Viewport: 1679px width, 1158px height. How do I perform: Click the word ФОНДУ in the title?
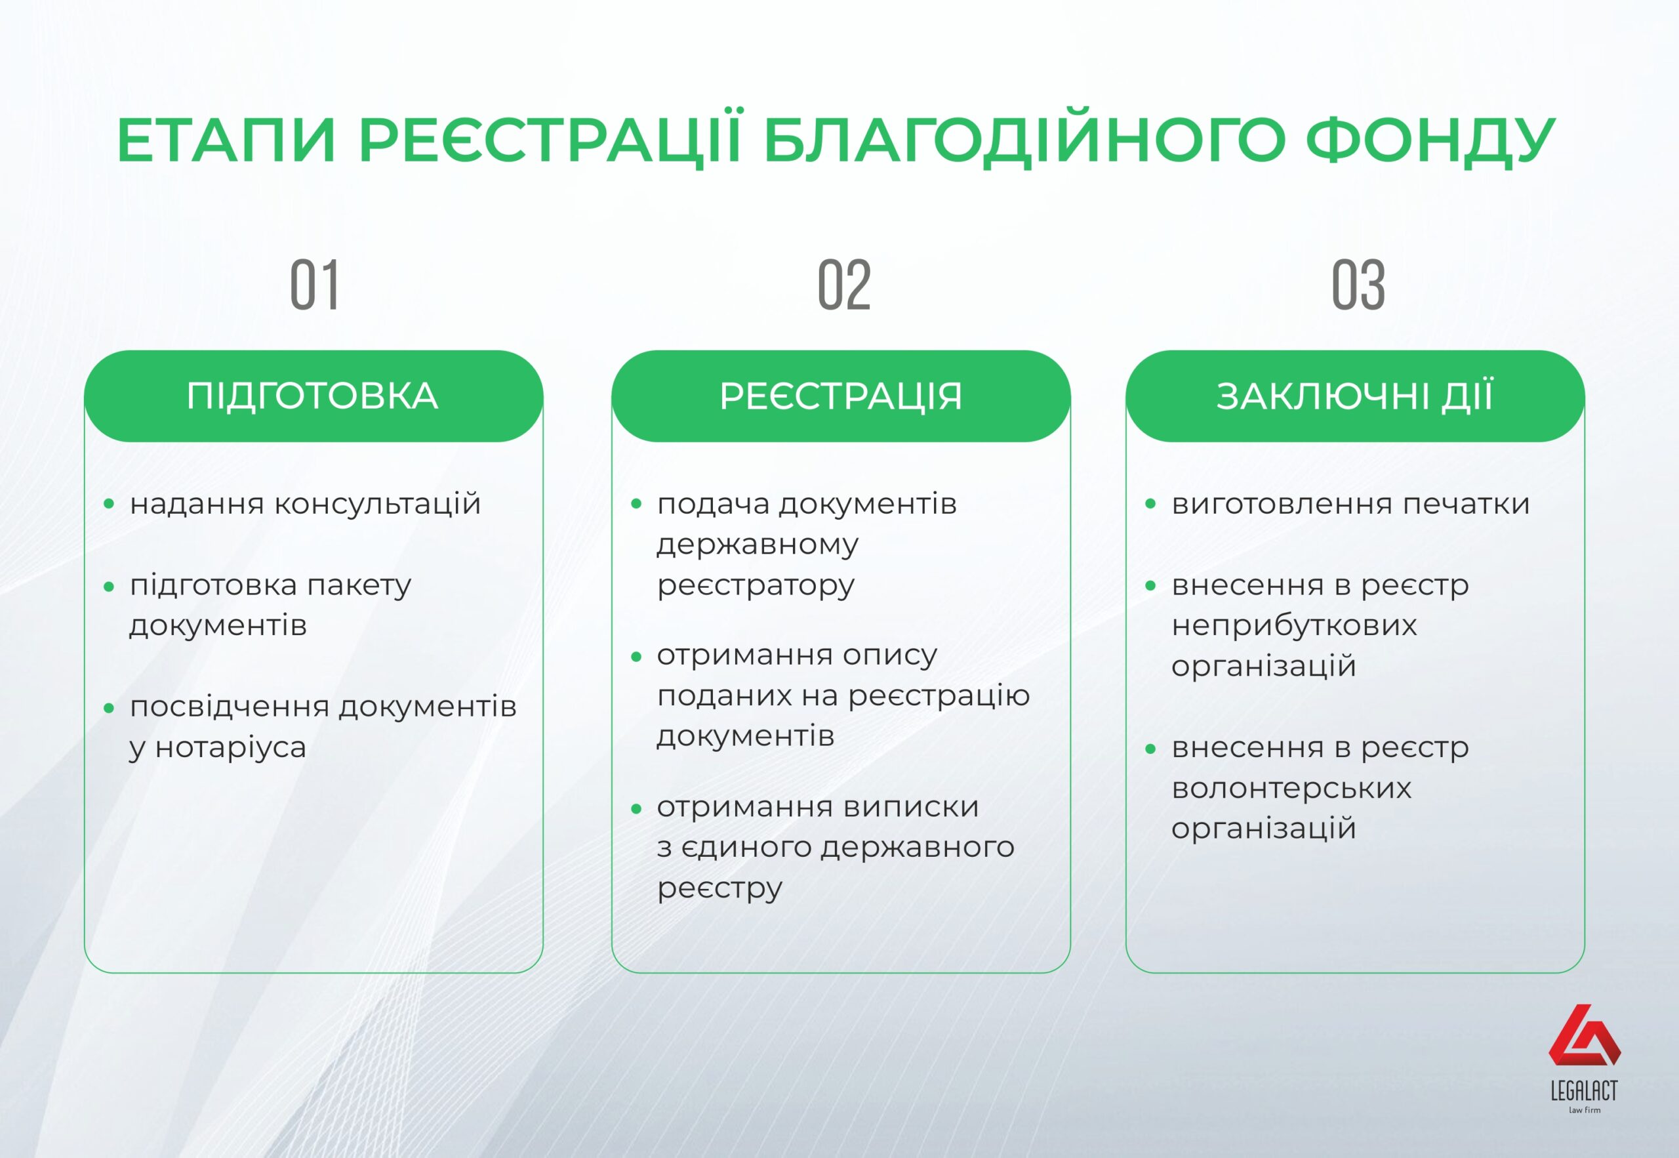1431,140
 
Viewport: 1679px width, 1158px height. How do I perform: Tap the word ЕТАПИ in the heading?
226,139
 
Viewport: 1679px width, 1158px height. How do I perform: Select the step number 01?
314,285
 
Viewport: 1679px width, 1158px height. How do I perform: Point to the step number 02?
843,285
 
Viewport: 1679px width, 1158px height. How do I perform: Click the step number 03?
1358,285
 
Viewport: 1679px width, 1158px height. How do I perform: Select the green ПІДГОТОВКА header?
314,396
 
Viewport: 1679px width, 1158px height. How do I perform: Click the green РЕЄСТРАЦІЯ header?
841,396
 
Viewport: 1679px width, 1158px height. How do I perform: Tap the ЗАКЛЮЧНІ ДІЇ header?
1355,396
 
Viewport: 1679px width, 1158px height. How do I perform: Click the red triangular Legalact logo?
1584,1035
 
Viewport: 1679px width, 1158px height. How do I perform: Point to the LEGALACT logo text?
1584,1090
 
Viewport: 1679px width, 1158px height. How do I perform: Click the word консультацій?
378,503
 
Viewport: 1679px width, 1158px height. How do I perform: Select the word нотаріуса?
231,747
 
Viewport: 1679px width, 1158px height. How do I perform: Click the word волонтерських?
1291,787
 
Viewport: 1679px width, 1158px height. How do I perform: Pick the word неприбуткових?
1294,625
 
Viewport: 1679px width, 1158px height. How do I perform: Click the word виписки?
911,807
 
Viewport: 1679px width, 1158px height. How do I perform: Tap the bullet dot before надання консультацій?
109,503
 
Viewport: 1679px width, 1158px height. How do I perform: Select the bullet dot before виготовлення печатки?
1150,503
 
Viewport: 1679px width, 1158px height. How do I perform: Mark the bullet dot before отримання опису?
636,657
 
